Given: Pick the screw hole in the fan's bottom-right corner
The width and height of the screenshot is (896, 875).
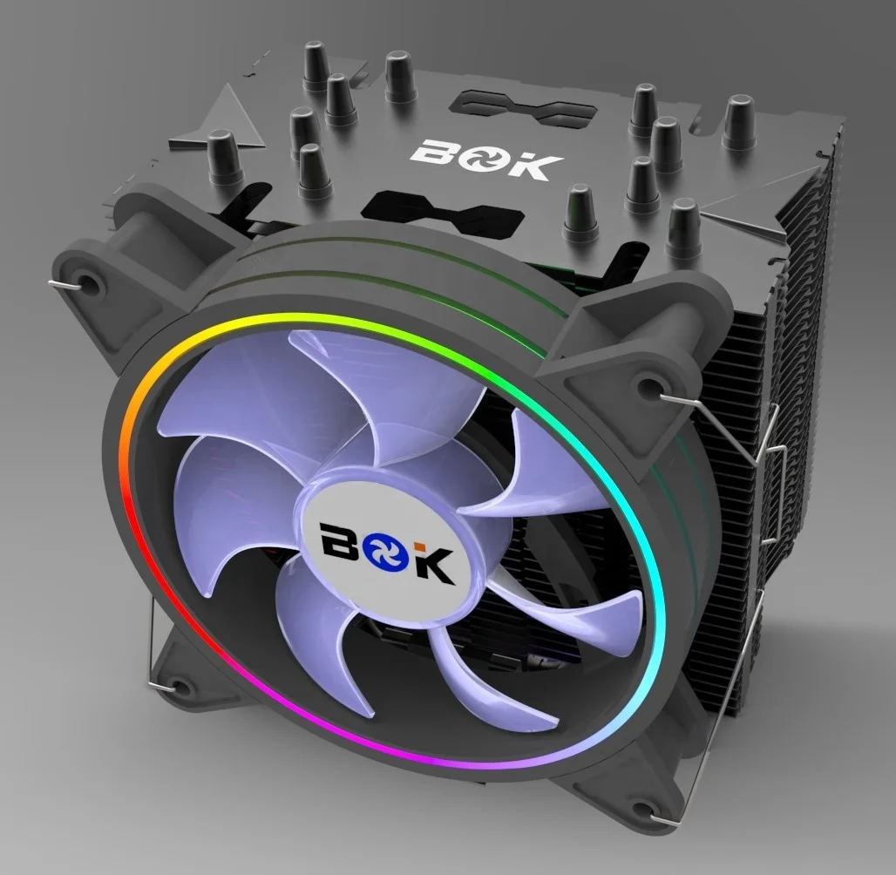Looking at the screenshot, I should point(642,807).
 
